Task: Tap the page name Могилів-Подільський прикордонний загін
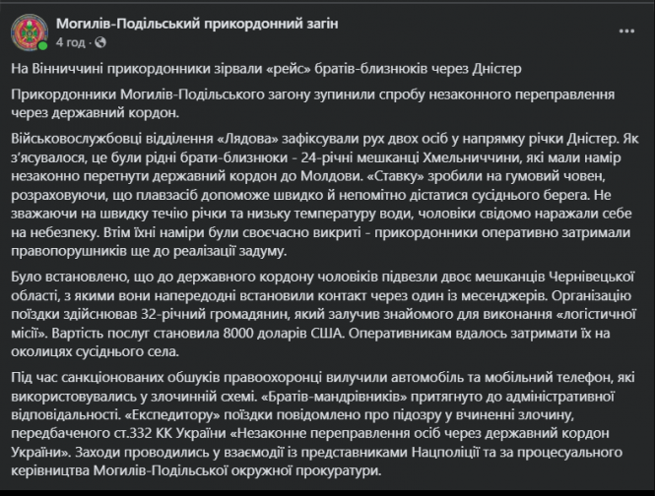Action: coord(197,23)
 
